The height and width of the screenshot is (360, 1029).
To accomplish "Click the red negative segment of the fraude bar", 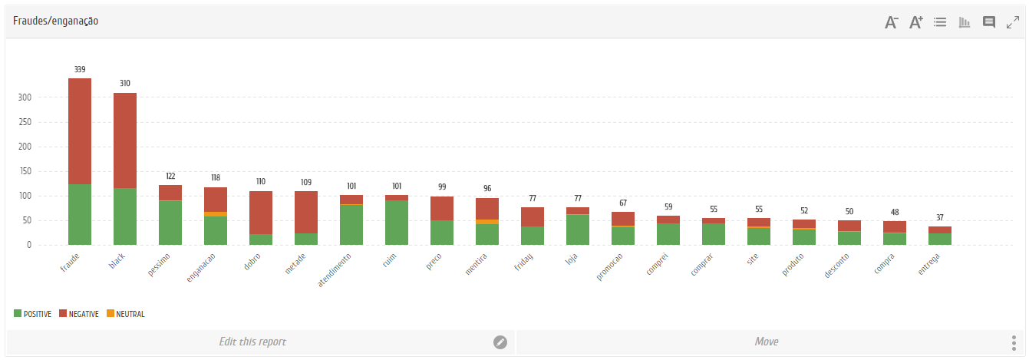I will pyautogui.click(x=80, y=131).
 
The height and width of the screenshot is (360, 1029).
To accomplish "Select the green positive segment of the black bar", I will pyautogui.click(x=125, y=216).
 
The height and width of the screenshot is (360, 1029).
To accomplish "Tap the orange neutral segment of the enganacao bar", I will pyautogui.click(x=216, y=214).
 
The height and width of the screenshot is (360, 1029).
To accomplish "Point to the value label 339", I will pyautogui.click(x=80, y=70).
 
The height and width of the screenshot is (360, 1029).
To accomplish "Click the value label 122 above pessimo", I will pyautogui.click(x=170, y=177).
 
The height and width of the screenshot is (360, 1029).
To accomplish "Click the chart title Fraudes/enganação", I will pyautogui.click(x=55, y=21).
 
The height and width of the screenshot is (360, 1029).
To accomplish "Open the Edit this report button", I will pyautogui.click(x=252, y=342).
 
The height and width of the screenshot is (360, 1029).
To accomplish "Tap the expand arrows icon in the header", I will pyautogui.click(x=1013, y=22).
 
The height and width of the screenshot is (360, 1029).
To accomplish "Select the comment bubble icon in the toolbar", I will pyautogui.click(x=989, y=22).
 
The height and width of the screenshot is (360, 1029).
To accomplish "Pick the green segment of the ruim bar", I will pyautogui.click(x=397, y=223).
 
